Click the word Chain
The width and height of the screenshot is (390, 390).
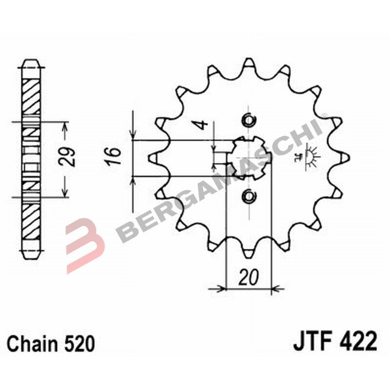click(x=31, y=343)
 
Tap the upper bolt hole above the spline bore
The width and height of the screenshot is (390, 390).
click(x=249, y=119)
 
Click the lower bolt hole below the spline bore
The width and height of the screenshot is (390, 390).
click(x=249, y=196)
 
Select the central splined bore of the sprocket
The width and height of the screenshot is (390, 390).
click(x=249, y=157)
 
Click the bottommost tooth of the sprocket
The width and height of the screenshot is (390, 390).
click(x=249, y=252)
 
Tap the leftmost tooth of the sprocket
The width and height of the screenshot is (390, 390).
click(x=153, y=157)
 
